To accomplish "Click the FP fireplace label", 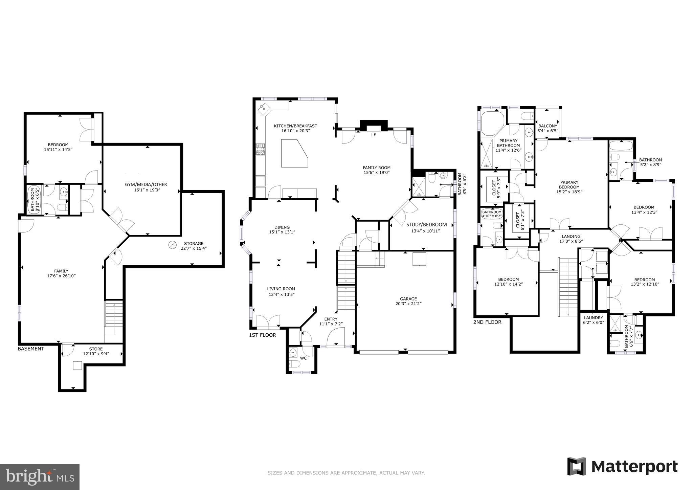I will click(374, 134).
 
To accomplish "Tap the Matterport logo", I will click(622, 467).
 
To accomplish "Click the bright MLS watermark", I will click(40, 476).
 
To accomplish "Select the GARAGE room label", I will click(408, 299).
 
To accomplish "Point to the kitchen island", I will click(294, 154).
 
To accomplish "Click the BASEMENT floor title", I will click(31, 349).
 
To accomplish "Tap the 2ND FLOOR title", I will click(487, 322).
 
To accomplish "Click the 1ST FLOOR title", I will click(263, 335).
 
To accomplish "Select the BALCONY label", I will click(547, 126).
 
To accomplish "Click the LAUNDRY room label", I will click(594, 318).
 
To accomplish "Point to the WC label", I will click(304, 358).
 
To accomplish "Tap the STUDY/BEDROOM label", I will click(426, 225).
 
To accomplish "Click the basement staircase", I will click(114, 315).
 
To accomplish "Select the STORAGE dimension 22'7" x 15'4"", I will click(194, 248).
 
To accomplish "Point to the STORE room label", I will click(96, 349).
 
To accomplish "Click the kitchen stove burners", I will click(261, 149).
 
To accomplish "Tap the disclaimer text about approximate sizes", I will click(346, 473).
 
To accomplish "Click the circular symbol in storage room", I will click(173, 245).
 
